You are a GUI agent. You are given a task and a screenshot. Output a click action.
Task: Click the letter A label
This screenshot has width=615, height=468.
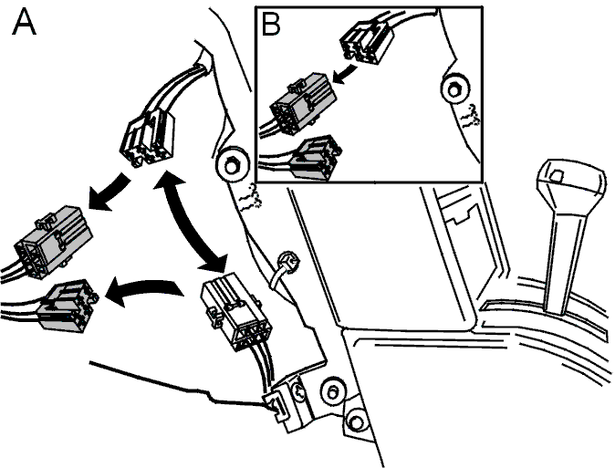tap(24, 23)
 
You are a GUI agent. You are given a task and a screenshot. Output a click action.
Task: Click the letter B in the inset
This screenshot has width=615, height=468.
tap(271, 25)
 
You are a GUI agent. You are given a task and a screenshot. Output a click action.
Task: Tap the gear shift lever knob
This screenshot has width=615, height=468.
tap(570, 182)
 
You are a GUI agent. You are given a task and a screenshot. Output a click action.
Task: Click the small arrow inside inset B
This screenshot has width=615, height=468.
tap(346, 74)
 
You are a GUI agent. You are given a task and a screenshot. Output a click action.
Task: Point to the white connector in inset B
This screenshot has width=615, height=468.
tap(366, 42)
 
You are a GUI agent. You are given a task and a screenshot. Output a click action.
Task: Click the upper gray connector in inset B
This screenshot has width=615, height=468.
tap(303, 103)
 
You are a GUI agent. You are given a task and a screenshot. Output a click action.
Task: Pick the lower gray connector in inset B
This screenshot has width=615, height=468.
tap(316, 159)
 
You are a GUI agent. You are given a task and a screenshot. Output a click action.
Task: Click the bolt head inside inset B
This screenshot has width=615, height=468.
tap(454, 90)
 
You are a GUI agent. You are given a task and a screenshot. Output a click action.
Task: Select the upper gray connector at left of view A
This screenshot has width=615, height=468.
tap(53, 242)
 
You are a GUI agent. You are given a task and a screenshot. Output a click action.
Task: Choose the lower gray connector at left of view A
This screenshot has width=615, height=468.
tap(67, 306)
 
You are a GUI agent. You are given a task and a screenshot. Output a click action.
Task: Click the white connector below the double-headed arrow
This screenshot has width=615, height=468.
tap(235, 311)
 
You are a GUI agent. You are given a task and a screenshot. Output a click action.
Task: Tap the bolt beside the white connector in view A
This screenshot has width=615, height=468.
tap(233, 165)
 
